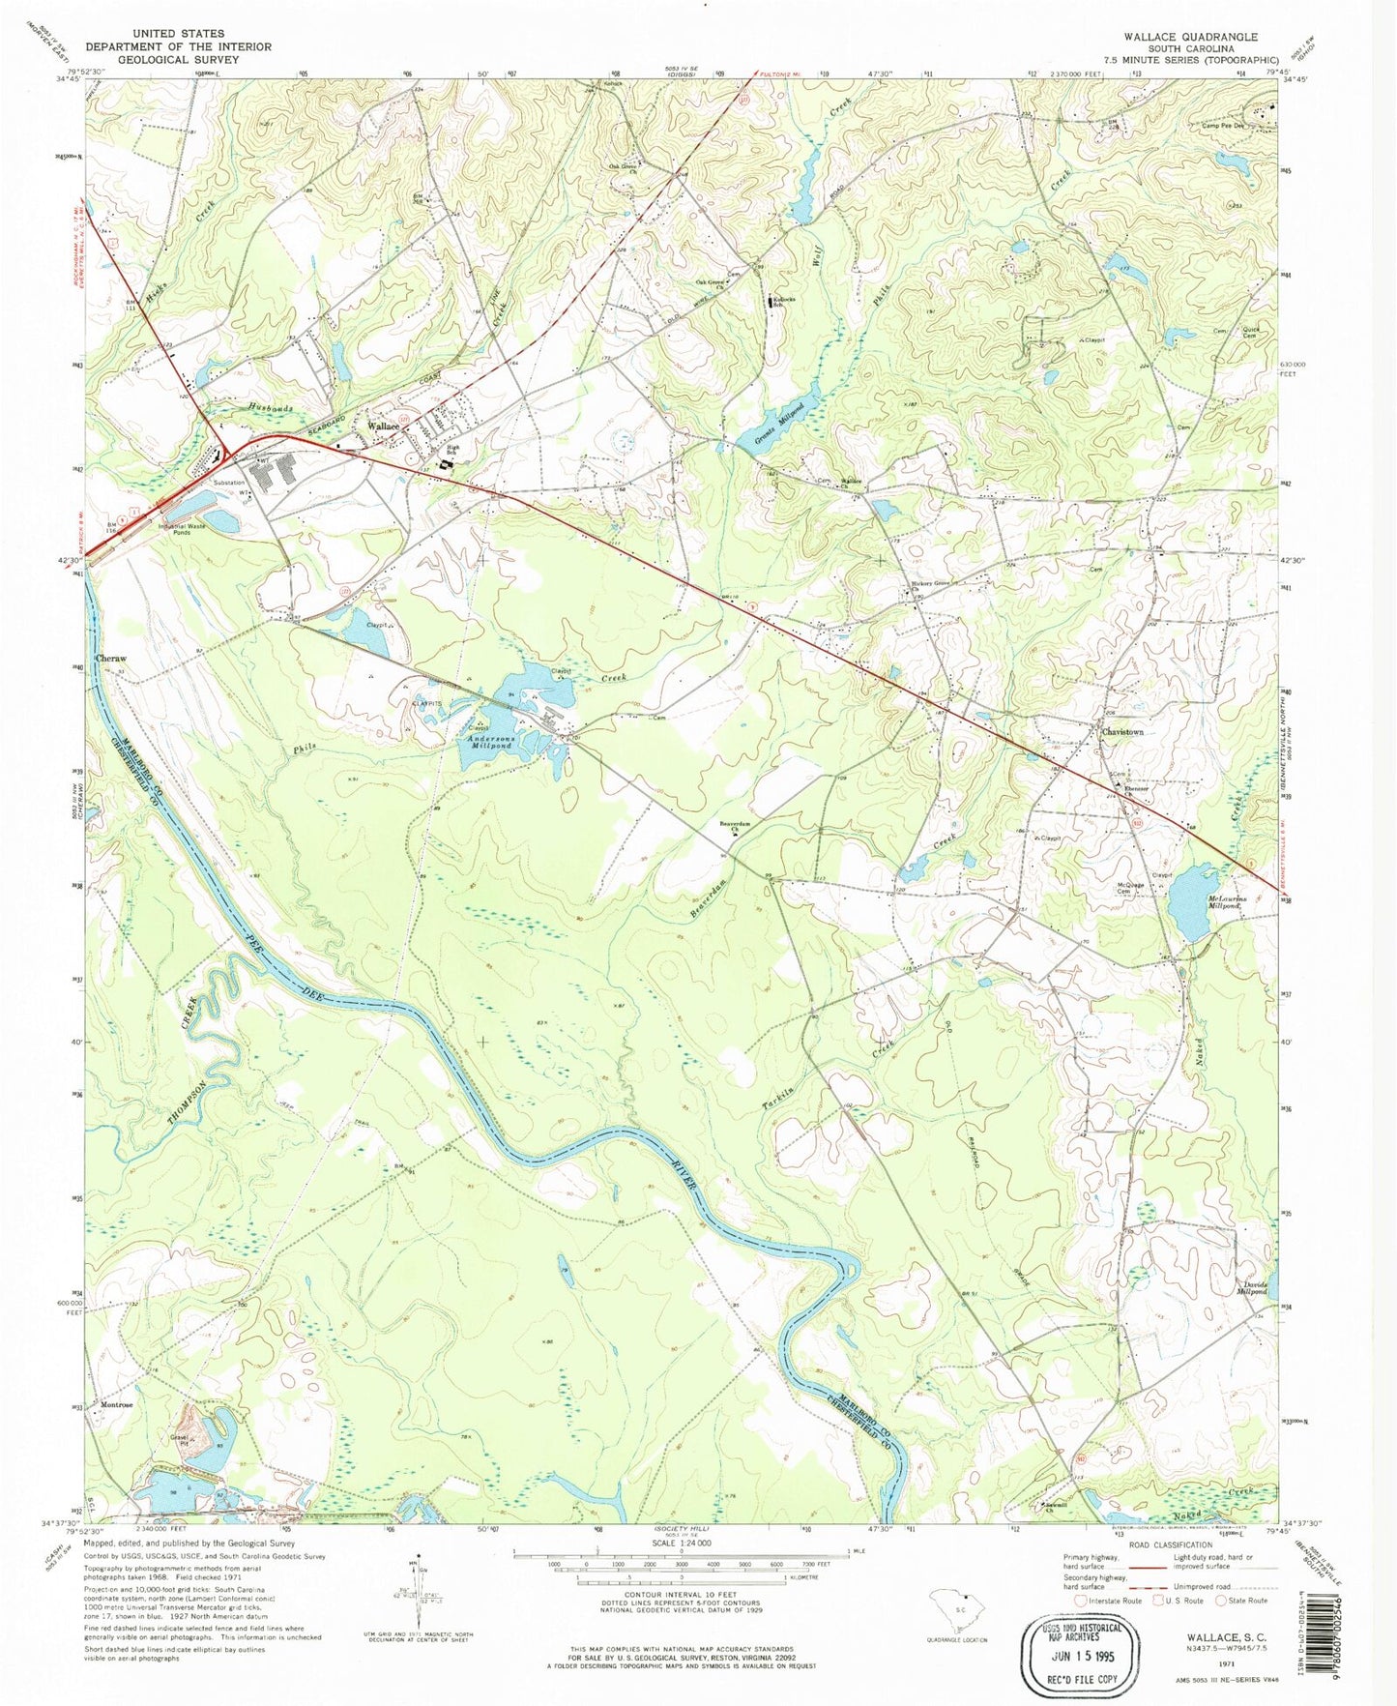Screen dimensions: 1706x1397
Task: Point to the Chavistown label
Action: click(1122, 732)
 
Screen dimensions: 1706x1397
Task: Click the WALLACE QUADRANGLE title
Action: click(1190, 37)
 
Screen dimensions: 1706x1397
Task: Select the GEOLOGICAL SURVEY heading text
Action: click(155, 59)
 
